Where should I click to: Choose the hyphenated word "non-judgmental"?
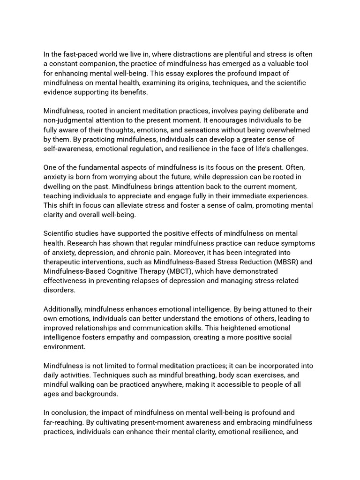click(x=70, y=120)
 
